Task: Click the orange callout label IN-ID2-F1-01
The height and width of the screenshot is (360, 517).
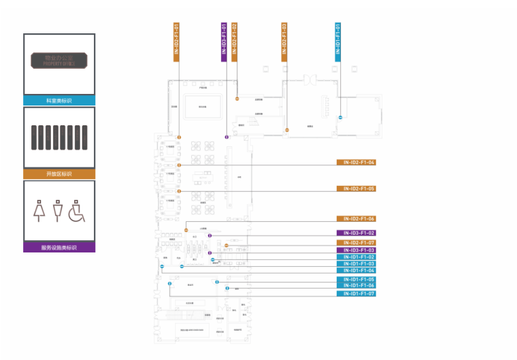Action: pyautogui.click(x=176, y=42)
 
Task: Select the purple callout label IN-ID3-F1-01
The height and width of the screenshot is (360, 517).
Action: pyautogui.click(x=224, y=42)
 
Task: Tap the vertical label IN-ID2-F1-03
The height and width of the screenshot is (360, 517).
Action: pyautogui.click(x=284, y=42)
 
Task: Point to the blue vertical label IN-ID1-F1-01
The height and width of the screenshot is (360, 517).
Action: pyautogui.click(x=338, y=42)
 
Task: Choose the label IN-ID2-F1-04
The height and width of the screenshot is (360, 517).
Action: pyautogui.click(x=356, y=163)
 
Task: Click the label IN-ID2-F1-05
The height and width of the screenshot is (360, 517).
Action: pyautogui.click(x=356, y=189)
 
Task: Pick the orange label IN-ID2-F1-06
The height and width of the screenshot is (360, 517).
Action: pyautogui.click(x=356, y=219)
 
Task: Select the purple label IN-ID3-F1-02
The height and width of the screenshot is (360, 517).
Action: pyautogui.click(x=356, y=233)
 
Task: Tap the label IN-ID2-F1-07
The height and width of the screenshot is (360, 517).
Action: pyautogui.click(x=356, y=243)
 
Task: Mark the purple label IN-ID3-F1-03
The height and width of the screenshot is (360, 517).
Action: pyautogui.click(x=356, y=250)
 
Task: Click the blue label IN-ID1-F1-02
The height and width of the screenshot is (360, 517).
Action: pyautogui.click(x=356, y=257)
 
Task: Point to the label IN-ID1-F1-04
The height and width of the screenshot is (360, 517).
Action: pyautogui.click(x=356, y=270)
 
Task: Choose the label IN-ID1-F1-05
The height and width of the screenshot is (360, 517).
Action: pyautogui.click(x=356, y=280)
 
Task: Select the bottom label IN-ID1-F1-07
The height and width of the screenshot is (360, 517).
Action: pyautogui.click(x=356, y=293)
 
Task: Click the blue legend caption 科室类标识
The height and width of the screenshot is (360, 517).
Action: pyautogui.click(x=59, y=100)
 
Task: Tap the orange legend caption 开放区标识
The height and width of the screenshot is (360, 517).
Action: pyautogui.click(x=59, y=174)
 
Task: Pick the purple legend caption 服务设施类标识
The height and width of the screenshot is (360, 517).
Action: pyautogui.click(x=59, y=248)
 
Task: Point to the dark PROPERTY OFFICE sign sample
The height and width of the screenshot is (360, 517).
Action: pyautogui.click(x=59, y=61)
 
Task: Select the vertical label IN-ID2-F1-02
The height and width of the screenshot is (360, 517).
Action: pyautogui.click(x=234, y=42)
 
